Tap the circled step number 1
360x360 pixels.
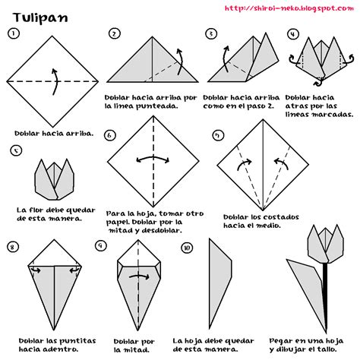click(x=14, y=33)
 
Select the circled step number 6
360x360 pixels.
click(x=110, y=135)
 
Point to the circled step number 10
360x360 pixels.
click(x=187, y=248)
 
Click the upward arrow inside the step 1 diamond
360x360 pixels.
click(x=54, y=80)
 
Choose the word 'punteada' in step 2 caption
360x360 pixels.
click(x=160, y=106)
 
